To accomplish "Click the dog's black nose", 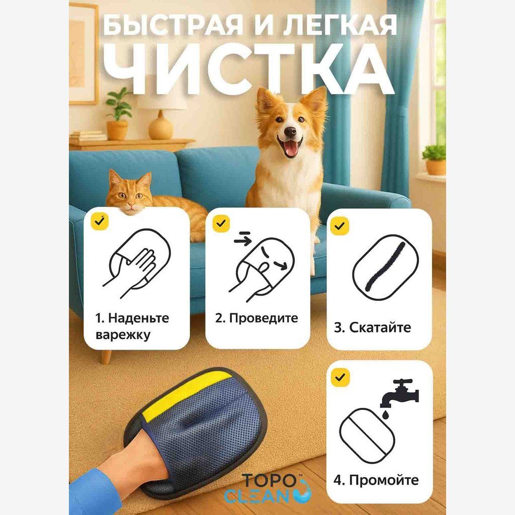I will [290, 132].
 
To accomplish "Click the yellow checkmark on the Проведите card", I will [221, 223].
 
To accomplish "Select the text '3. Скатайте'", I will [372, 328].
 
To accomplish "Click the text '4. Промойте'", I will [376, 479].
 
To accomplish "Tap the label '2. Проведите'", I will [256, 318].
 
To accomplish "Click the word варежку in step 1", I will [123, 334].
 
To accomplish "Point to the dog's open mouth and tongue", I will [291, 149].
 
